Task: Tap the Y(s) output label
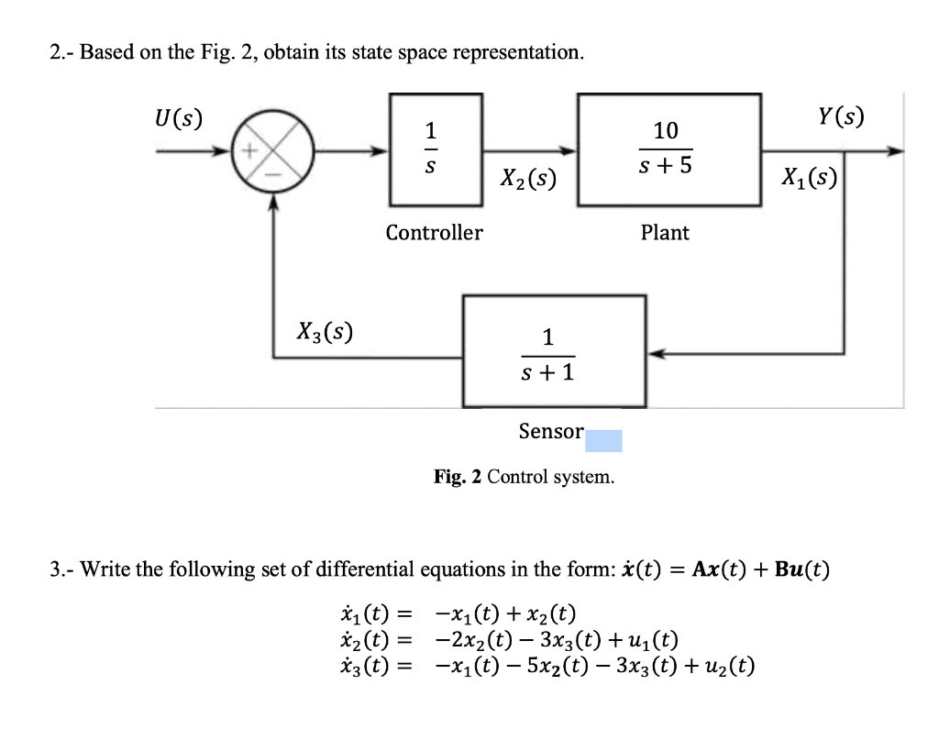(x=842, y=116)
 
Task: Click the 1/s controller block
(x=434, y=150)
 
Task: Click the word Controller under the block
(x=434, y=233)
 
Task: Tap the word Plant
(x=665, y=233)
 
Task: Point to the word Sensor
(x=551, y=431)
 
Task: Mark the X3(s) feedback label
(x=326, y=328)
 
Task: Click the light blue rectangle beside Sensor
(x=604, y=441)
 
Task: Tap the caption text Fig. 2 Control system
(x=524, y=477)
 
